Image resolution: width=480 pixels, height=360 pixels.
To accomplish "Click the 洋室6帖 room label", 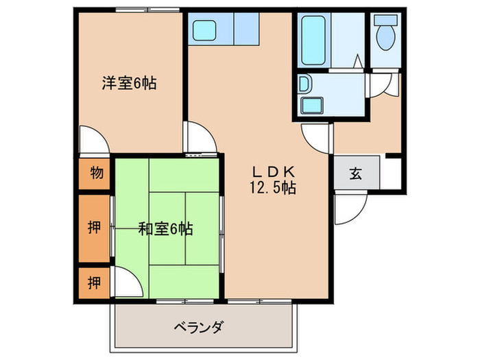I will click(x=129, y=84).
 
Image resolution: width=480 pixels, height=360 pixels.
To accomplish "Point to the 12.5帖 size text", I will click(x=273, y=188).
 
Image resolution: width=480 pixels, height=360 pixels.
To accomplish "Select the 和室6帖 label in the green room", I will click(x=165, y=229).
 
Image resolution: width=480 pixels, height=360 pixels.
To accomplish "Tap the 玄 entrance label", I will click(x=355, y=173).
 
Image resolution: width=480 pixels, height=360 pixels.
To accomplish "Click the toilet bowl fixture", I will click(x=387, y=33).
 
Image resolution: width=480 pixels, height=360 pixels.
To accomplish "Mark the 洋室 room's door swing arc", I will click(x=94, y=141).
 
